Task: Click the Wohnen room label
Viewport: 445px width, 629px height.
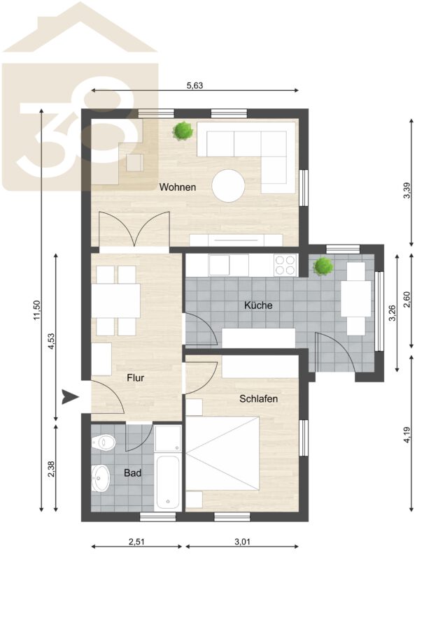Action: pos(178,187)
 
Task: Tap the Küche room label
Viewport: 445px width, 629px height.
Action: pos(258,305)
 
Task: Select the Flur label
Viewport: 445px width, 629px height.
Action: pos(135,377)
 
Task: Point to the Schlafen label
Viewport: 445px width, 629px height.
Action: pos(259,399)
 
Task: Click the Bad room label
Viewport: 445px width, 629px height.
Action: pos(132,473)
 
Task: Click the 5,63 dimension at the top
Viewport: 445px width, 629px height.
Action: pos(195,85)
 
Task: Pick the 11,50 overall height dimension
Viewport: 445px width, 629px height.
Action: pos(37,310)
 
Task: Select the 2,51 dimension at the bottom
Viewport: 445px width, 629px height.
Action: pos(136,542)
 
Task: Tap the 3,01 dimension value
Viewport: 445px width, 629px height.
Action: pos(242,542)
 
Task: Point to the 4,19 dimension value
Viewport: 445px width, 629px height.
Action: pos(407,435)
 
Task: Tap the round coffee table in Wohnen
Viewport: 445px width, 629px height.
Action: pos(228,186)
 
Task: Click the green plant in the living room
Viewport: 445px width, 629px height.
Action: pos(183,131)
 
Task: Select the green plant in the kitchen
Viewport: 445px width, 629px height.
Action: pos(323,267)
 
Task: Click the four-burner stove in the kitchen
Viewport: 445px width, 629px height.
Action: pos(285,265)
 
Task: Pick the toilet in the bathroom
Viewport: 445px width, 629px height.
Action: pos(104,443)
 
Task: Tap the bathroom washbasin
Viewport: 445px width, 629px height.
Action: pos(101,478)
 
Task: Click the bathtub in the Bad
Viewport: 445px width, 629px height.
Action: pos(167,482)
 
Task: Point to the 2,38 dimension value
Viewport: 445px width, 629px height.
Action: pos(51,469)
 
